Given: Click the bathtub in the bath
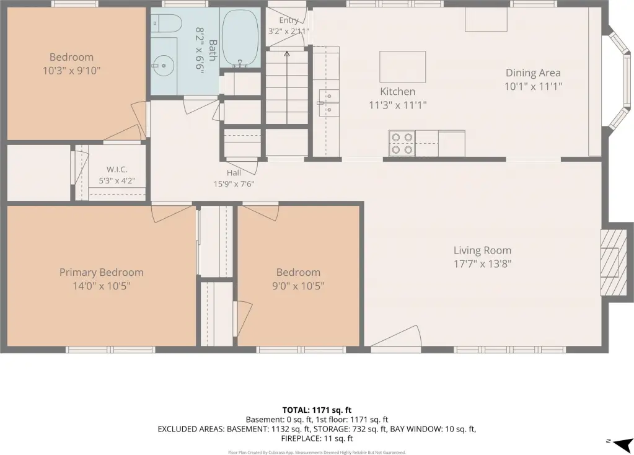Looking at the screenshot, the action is coord(240,38).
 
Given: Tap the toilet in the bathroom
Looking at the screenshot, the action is coord(167,24).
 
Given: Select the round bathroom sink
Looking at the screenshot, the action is coord(164,66).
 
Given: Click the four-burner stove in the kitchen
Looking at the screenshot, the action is coord(402,144).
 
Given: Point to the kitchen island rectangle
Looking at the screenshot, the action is coord(402,67).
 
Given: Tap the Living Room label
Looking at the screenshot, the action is coord(482,250).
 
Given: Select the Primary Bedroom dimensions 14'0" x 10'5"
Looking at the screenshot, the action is coord(102,286).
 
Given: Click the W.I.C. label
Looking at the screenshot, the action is coord(117,169).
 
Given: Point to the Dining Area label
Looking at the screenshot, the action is coord(533,73).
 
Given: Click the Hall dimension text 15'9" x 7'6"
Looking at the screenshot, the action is coord(234,184).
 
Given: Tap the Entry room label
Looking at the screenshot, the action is coord(289,20).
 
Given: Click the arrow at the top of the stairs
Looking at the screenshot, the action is coord(287,54).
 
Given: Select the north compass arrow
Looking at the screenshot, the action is coord(623,444).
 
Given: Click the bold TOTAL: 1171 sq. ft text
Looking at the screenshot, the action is coord(317,410).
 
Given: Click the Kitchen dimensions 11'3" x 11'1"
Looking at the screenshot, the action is coord(398,105).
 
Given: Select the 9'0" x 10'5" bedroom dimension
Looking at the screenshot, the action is coord(298,286).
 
